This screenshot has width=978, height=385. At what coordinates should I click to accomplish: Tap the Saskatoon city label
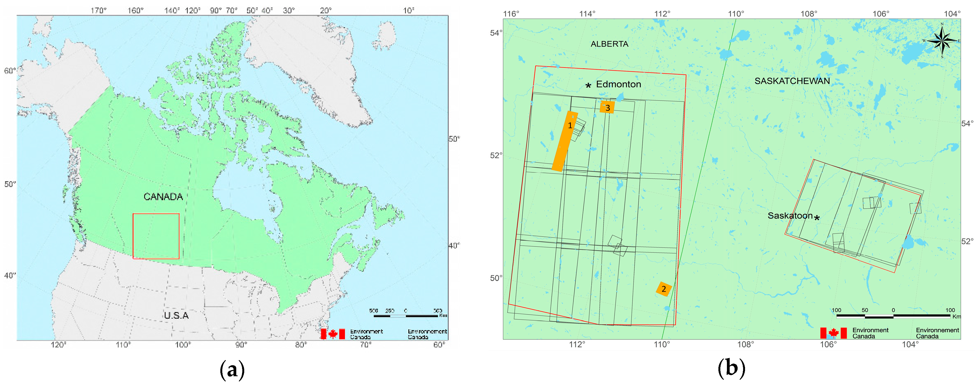click(x=790, y=216)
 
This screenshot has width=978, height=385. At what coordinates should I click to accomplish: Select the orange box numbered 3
click(x=607, y=108)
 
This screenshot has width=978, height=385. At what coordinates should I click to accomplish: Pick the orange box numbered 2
click(x=663, y=289)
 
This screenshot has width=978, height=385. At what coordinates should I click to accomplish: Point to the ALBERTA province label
click(x=609, y=44)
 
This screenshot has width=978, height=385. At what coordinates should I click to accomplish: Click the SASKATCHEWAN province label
click(x=792, y=81)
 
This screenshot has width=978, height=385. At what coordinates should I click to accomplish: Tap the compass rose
click(x=942, y=41)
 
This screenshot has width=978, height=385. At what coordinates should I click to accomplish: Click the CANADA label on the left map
click(x=163, y=197)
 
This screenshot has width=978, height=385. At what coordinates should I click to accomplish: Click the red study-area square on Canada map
click(x=156, y=236)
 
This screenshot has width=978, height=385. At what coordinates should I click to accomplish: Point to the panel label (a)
click(x=232, y=369)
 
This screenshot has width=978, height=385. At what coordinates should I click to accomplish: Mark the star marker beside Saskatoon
click(x=817, y=218)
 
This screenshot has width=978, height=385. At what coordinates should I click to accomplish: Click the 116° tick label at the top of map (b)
click(x=511, y=14)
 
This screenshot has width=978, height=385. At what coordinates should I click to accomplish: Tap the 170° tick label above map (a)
click(x=98, y=10)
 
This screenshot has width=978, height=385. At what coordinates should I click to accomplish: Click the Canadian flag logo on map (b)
click(x=833, y=333)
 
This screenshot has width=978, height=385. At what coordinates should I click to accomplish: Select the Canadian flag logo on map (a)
click(x=333, y=334)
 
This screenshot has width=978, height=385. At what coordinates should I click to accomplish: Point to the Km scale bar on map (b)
click(x=893, y=316)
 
